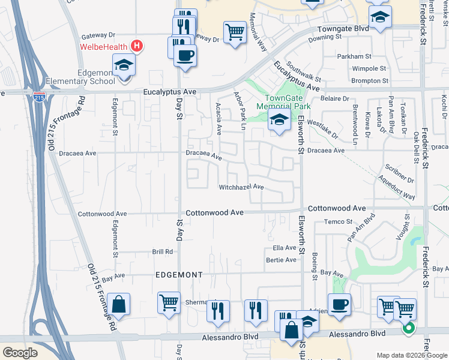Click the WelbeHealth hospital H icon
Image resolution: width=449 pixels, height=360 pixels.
click(137, 46)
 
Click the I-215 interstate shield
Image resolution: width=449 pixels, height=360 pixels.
click(39, 99)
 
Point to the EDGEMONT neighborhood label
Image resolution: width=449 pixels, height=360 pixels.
click(178, 274)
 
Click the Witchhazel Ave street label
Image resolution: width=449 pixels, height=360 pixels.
click(241, 187)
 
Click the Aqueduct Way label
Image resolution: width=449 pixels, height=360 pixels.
click(396, 188)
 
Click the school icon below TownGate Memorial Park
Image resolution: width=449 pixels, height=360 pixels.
click(279, 120)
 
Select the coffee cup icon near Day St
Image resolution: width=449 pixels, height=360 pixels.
click(185, 56)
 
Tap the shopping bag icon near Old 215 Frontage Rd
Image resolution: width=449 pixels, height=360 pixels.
click(119, 304)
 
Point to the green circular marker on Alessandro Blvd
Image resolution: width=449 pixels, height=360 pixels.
click(408, 328)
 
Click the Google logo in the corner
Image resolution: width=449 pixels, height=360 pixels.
click(20, 353)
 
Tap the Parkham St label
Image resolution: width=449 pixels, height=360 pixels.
click(354, 56)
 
